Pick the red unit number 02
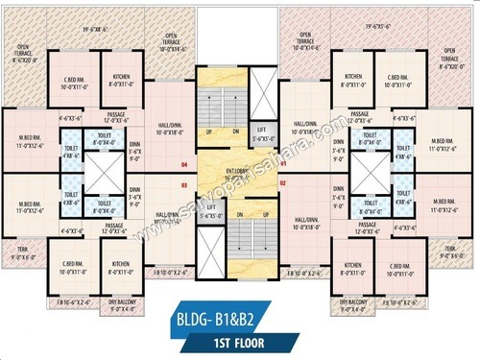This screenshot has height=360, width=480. pos(283,182)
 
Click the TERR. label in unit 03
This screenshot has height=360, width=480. pos(22,253)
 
